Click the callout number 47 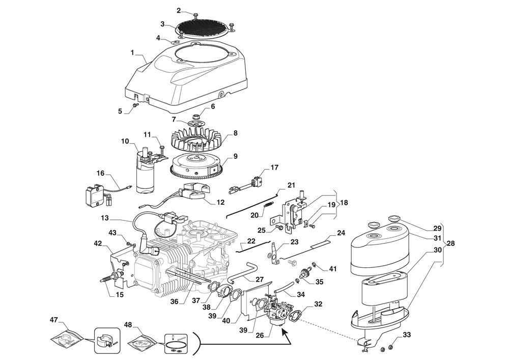pyautogui.click(x=53, y=320)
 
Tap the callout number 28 pyautogui.click(x=450, y=244)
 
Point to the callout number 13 pyautogui.click(x=105, y=217)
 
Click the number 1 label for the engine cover pyautogui.click(x=132, y=52)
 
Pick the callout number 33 pyautogui.click(x=406, y=335)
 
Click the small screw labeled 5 pyautogui.click(x=136, y=104)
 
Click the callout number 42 pyautogui.click(x=98, y=243)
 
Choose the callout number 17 pyautogui.click(x=274, y=167)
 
